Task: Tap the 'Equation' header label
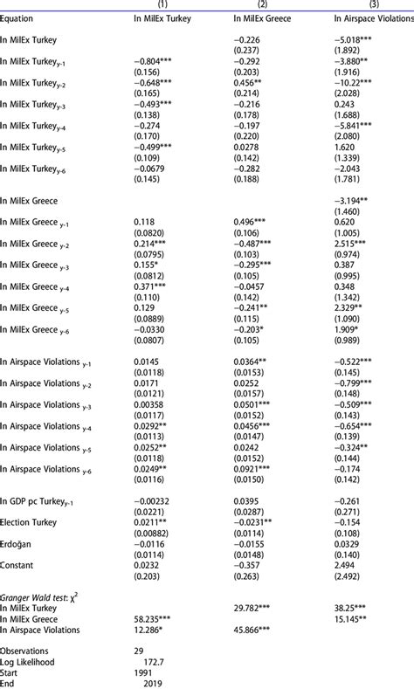pyautogui.click(x=18, y=17)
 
